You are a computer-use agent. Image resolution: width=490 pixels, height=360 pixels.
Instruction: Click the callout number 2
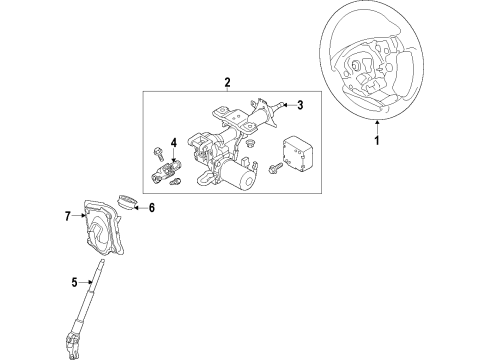coord(227,83)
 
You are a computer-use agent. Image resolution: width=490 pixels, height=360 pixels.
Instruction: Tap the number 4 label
coord(173,142)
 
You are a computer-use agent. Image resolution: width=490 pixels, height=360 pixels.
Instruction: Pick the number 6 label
coord(152,208)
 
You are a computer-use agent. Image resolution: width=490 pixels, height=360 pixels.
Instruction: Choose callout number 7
coord(68,215)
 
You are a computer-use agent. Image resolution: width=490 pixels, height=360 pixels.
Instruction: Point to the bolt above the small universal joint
coord(159,153)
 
